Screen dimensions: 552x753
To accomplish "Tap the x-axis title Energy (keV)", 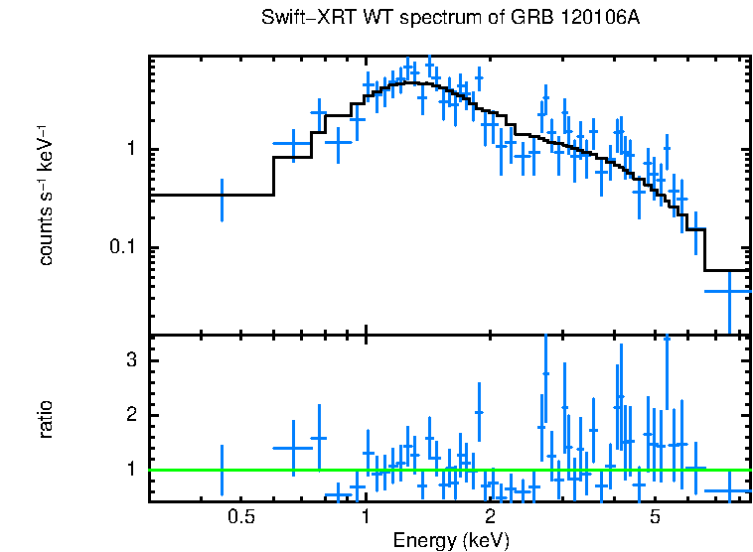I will click(451, 540).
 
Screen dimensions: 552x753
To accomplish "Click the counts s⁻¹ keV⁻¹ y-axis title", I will click(46, 196).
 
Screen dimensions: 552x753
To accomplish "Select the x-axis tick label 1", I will click(366, 517).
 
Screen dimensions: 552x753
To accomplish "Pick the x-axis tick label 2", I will click(491, 517).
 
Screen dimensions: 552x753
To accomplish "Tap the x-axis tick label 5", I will click(655, 517).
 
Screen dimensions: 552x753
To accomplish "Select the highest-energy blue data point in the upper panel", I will click(729, 291).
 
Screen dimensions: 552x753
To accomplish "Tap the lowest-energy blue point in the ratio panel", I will click(222, 470).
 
